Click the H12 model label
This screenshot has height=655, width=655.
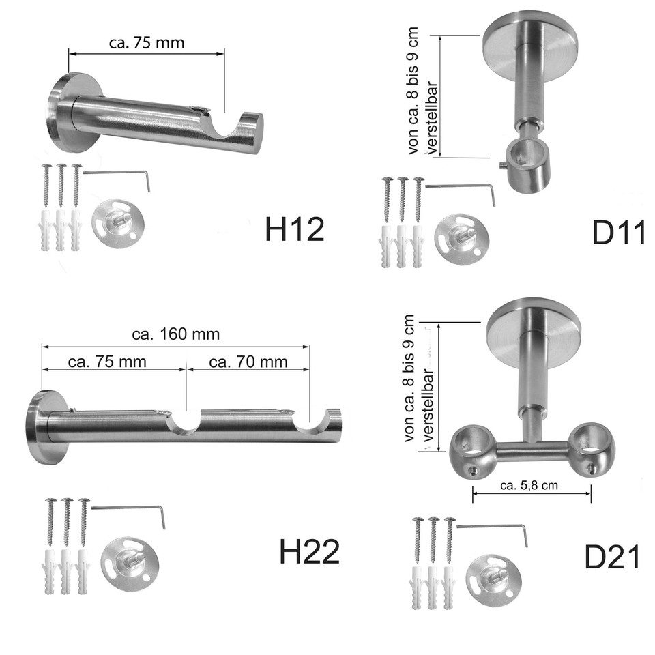point(295,229)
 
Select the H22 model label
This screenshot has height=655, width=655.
point(310,551)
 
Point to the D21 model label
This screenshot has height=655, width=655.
point(612,557)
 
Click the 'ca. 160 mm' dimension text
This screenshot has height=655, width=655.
point(175,334)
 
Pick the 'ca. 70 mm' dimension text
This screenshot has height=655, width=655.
point(248,362)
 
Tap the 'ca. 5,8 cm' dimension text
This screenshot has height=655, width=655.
point(529,485)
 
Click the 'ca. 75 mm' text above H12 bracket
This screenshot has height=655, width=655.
point(147,43)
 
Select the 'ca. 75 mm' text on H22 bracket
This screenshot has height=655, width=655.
point(107,362)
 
